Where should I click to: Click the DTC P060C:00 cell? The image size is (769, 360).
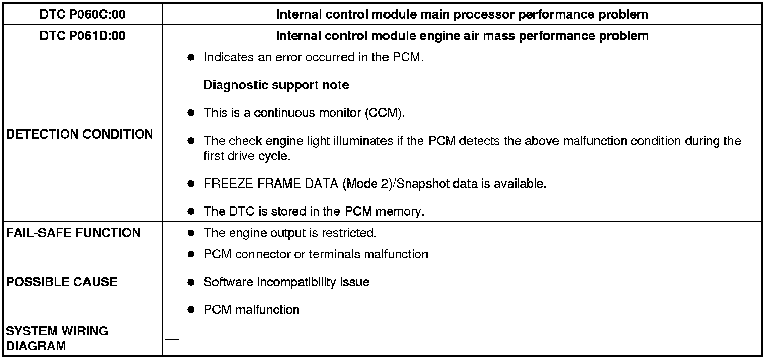tap(82, 15)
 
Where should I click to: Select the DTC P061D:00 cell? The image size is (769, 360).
tap(82, 36)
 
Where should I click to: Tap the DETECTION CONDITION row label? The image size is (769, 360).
tap(79, 134)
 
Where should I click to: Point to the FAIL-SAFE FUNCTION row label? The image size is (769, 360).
tap(73, 233)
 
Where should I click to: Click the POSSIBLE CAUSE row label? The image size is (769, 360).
tap(62, 282)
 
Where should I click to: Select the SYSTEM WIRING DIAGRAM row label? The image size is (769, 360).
tap(57, 339)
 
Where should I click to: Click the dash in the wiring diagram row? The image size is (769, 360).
tap(172, 339)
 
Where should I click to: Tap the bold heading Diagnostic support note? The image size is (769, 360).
tap(276, 85)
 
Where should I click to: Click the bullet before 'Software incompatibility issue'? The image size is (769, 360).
tap(191, 282)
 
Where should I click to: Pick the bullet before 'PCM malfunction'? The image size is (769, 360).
tap(191, 310)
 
